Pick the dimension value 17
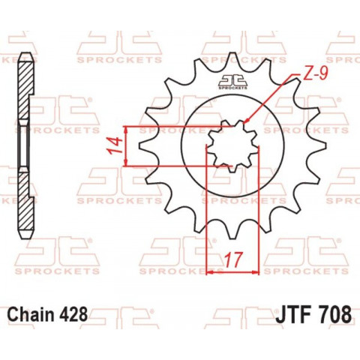232,260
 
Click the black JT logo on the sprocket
232,82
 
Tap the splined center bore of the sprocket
232,145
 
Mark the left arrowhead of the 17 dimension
210,272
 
